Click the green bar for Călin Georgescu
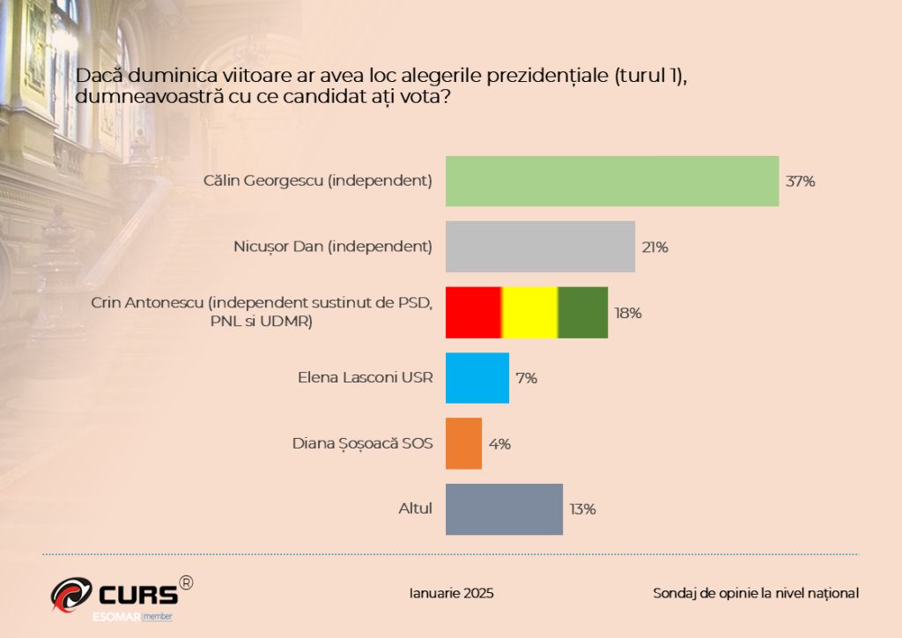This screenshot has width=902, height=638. [612, 181]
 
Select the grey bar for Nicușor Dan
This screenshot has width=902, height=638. [540, 247]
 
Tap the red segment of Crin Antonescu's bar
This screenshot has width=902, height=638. [473, 312]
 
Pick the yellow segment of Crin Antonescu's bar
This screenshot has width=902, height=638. [529, 312]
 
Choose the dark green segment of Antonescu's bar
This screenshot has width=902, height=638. [583, 312]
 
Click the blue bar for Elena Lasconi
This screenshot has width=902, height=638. [477, 378]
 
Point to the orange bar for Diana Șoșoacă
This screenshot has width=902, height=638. [463, 443]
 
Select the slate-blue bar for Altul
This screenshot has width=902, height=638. [504, 508]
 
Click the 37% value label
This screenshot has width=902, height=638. [800, 182]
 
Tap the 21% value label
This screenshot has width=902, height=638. [654, 248]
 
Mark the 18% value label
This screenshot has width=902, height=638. [627, 313]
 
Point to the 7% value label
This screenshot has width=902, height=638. [527, 379]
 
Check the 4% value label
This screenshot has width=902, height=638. [499, 444]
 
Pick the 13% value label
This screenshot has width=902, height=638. [583, 509]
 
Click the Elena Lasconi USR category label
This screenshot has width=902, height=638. [366, 378]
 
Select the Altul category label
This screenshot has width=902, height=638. [416, 508]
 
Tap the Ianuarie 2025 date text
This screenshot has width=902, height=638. [452, 593]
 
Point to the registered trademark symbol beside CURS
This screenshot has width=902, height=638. [186, 582]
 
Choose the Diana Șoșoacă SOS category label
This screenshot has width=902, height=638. [362, 443]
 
